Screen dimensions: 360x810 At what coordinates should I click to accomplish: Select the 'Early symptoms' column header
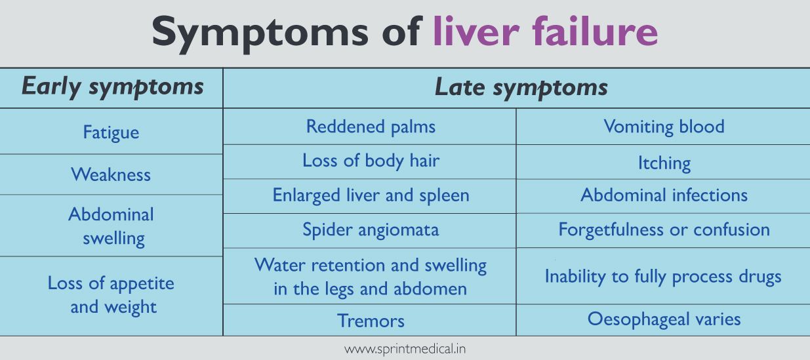point(112,87)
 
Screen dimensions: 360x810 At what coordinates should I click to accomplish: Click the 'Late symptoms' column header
point(521,88)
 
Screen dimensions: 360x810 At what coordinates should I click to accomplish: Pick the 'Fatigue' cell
point(111,132)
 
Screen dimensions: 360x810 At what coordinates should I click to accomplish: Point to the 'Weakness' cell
point(111,174)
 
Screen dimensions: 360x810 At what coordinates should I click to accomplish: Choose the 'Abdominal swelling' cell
point(111,226)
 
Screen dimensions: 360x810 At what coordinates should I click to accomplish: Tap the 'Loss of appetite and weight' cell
point(111,295)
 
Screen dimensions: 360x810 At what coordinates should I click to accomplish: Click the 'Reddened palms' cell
point(371,127)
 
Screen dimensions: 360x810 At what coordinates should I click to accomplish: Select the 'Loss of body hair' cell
point(371,161)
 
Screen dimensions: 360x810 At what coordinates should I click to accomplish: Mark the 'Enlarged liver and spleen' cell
point(371,195)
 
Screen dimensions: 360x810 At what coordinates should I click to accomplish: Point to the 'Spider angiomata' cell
point(371,230)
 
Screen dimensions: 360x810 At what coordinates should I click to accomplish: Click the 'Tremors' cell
point(371,321)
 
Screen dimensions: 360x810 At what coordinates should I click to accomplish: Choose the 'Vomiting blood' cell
point(664,127)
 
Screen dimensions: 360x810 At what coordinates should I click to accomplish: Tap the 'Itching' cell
point(664,163)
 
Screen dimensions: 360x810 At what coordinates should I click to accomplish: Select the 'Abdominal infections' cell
point(664,195)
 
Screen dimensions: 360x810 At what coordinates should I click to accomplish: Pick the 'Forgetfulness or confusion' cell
point(664,230)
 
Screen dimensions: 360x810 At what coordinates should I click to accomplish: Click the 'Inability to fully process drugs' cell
point(663,277)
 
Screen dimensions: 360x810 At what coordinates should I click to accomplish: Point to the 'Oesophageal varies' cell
point(664,319)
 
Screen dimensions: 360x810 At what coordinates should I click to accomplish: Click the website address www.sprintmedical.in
point(405,350)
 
